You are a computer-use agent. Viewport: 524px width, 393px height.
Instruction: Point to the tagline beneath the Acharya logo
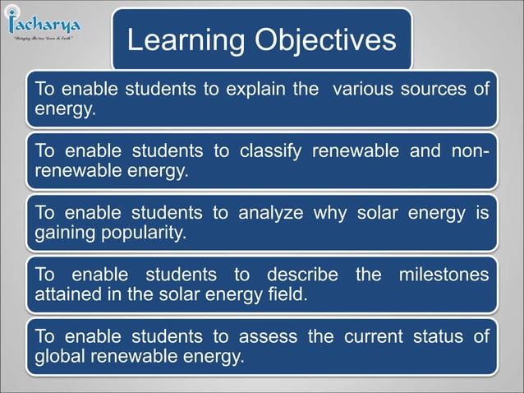pyautogui.click(x=44, y=38)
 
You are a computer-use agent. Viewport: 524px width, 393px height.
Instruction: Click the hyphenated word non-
pyautogui.click(x=471, y=151)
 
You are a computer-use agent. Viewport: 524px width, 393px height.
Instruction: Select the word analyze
pyautogui.click(x=269, y=214)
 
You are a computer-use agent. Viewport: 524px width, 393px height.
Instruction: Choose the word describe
pyautogui.click(x=299, y=275)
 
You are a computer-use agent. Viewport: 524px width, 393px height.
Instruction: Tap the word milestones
pyautogui.click(x=444, y=275)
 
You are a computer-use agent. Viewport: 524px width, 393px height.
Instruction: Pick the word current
pyautogui.click(x=371, y=338)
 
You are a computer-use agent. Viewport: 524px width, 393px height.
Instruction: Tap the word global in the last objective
pyautogui.click(x=58, y=357)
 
